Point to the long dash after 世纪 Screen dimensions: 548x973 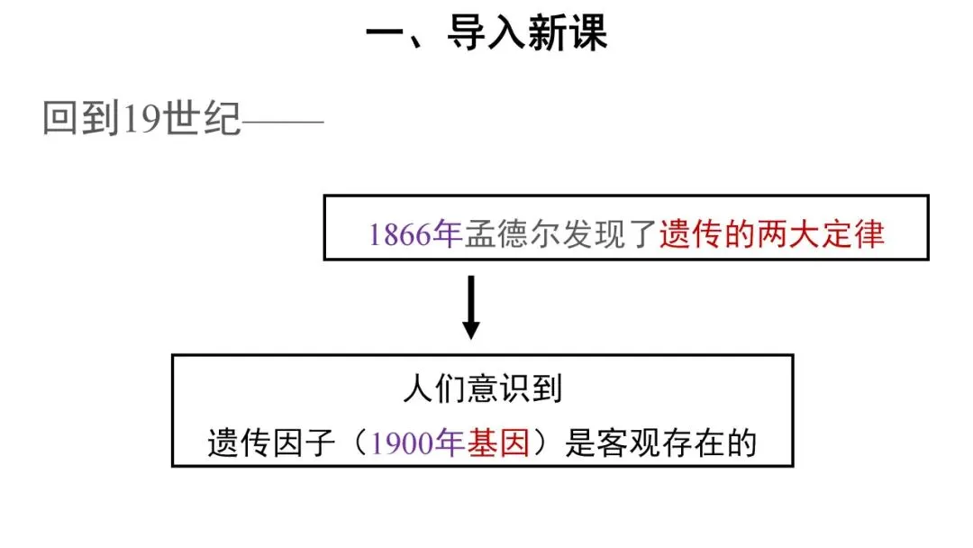(283, 119)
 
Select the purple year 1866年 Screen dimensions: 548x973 (414, 233)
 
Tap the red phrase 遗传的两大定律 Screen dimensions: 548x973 (772, 233)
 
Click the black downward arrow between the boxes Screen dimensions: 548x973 (469, 307)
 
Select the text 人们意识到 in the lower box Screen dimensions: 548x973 (482, 388)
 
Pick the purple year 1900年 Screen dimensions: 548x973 (418, 443)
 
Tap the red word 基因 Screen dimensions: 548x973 (498, 443)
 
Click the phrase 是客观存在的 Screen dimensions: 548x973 (661, 443)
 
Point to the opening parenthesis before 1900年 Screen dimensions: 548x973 (357, 443)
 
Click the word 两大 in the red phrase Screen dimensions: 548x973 (772, 233)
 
